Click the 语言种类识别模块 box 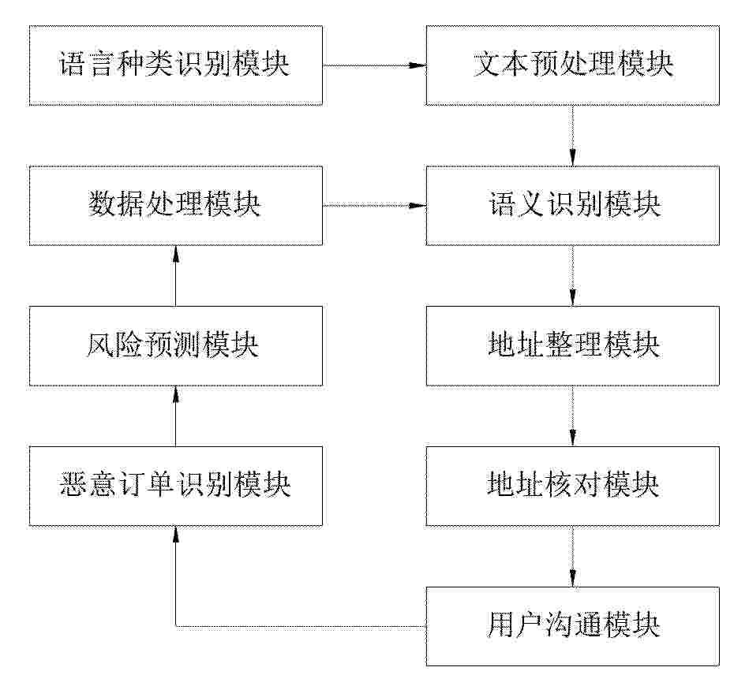(175, 65)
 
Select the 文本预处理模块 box (572, 65)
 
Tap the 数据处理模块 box (175, 205)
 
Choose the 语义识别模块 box (572, 205)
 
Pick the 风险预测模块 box (175, 345)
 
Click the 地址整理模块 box (572, 345)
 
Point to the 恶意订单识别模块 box (175, 486)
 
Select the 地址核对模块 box (572, 486)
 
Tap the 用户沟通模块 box (572, 626)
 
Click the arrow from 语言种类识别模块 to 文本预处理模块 (374, 65)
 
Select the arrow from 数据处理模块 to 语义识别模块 (374, 205)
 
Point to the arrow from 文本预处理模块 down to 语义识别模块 (572, 136)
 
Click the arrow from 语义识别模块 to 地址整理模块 (572, 276)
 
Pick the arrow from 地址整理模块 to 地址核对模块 (572, 416)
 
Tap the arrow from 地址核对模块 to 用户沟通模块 (572, 557)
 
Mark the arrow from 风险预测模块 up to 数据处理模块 (175, 276)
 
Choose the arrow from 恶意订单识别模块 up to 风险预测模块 (175, 416)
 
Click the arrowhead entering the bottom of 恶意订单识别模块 (175, 535)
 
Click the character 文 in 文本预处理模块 (488, 64)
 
